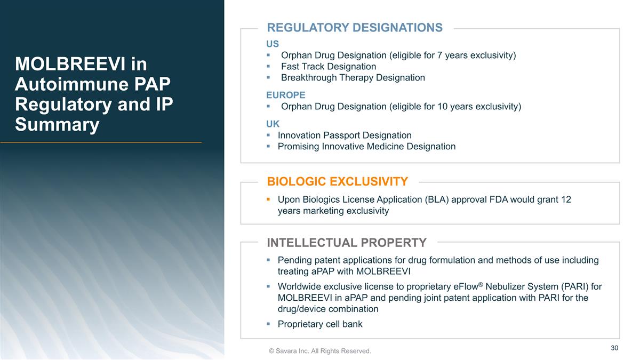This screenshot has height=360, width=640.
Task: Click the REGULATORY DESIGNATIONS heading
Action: coord(355,28)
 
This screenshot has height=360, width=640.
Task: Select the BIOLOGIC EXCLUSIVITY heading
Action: coord(337,182)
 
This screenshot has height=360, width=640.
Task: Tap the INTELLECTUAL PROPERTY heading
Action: coord(346,243)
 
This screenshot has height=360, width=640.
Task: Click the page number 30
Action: coord(614,348)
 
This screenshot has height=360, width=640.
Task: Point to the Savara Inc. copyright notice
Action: coord(319,351)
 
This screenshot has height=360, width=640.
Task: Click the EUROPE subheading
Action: coord(286,95)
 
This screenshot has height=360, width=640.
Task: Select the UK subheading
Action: coord(273,124)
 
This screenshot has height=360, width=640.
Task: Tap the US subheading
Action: coord(273,44)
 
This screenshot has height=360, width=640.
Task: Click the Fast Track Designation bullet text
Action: coord(328,67)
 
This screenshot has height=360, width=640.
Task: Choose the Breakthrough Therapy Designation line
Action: coord(353,78)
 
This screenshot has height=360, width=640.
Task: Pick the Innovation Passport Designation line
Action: coord(345,135)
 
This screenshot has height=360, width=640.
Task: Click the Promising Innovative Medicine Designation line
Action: coord(366,147)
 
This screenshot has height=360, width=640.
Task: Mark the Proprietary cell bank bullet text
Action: coord(319,324)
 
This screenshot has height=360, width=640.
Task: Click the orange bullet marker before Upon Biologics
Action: coord(269,199)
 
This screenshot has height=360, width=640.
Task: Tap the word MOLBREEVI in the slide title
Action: coord(73,65)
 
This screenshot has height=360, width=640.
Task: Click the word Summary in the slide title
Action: coord(57,125)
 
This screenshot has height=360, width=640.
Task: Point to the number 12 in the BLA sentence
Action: coord(566,199)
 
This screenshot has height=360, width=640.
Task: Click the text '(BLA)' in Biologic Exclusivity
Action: coord(436,199)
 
